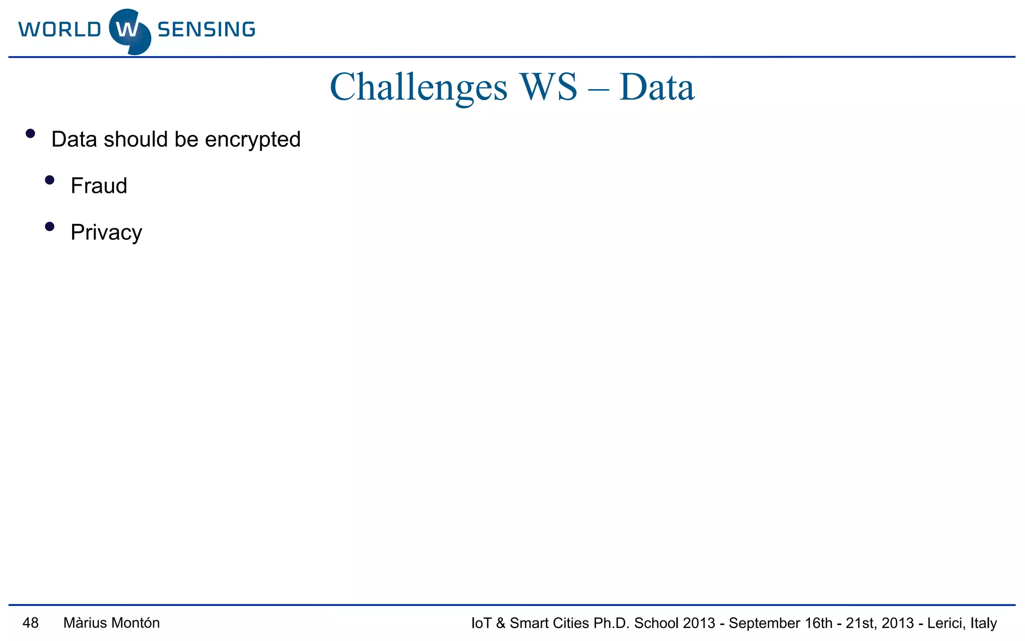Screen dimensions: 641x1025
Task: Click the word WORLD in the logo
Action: click(x=60, y=30)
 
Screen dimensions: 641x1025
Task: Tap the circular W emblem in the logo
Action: click(x=130, y=31)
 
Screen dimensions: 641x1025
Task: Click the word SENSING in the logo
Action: click(x=206, y=30)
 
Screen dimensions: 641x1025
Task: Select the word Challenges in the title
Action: click(x=418, y=87)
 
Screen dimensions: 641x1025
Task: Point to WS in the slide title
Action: click(x=549, y=87)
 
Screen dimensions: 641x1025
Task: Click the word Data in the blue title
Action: click(x=657, y=87)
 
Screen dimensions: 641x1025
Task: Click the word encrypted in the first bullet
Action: click(x=253, y=140)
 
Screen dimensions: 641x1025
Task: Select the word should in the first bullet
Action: click(x=136, y=139)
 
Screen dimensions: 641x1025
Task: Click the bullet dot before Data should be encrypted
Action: click(x=31, y=134)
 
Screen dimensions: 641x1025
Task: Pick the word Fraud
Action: click(x=99, y=186)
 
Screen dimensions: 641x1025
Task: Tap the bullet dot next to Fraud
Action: click(x=50, y=180)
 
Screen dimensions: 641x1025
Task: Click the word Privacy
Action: click(x=106, y=233)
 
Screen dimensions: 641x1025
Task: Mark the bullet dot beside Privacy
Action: click(x=50, y=227)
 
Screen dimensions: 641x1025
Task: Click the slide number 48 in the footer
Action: click(x=31, y=623)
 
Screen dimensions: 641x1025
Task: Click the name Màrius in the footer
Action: click(x=85, y=623)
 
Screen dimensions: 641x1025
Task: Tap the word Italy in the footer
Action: click(x=983, y=623)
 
